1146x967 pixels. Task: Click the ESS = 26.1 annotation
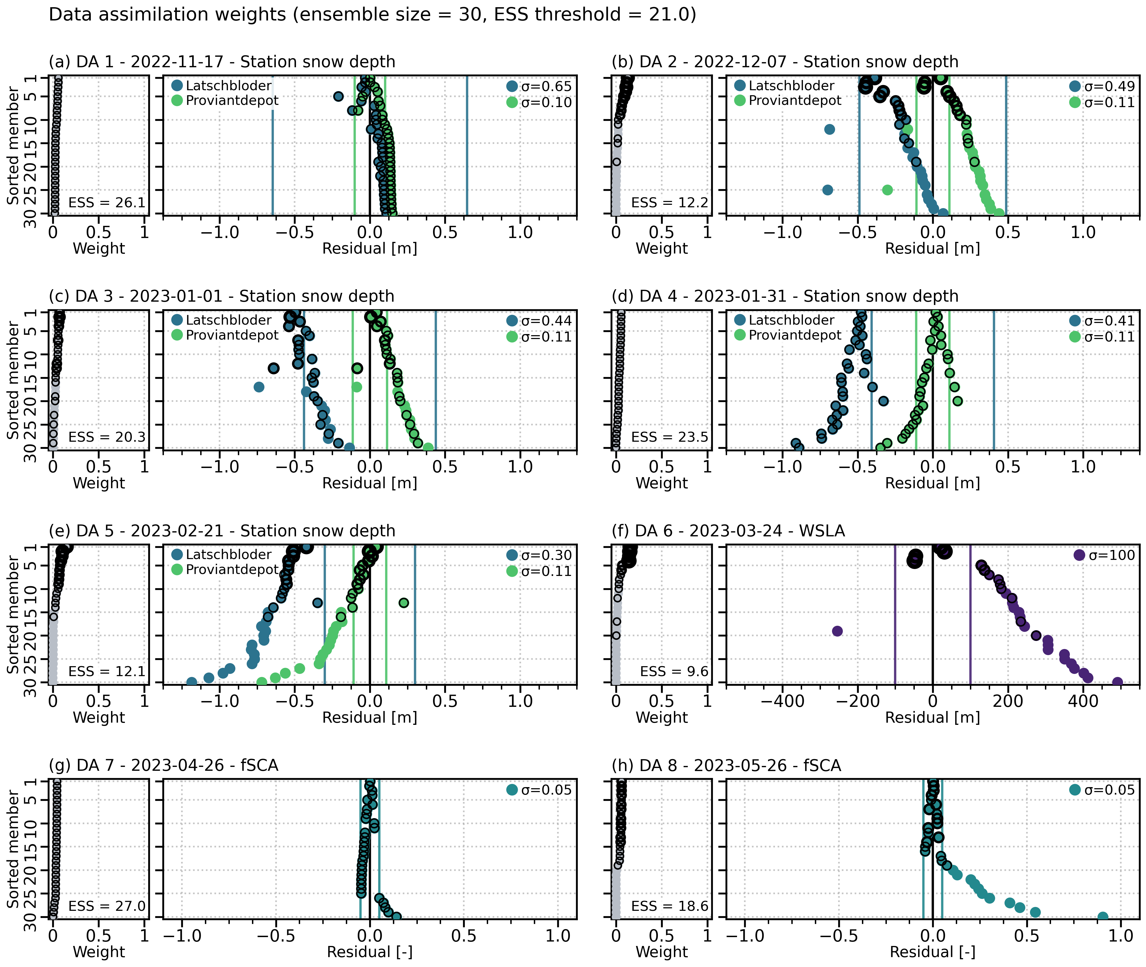pyautogui.click(x=107, y=203)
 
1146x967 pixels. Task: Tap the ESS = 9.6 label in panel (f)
pyautogui.click(x=674, y=671)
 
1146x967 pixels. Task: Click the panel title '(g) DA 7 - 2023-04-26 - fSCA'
pyautogui.click(x=163, y=765)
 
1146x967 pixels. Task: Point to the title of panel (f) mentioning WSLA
pyautogui.click(x=728, y=531)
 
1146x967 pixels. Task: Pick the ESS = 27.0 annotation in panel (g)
pyautogui.click(x=107, y=906)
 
